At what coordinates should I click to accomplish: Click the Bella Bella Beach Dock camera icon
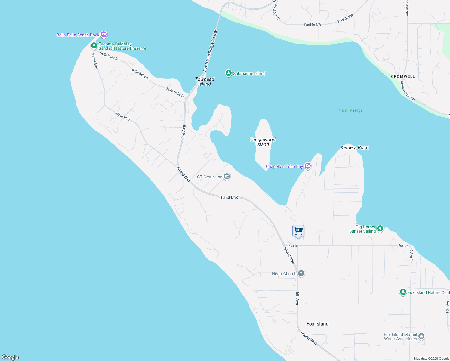pyautogui.click(x=104, y=35)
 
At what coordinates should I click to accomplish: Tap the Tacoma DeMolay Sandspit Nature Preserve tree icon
pyautogui.click(x=94, y=46)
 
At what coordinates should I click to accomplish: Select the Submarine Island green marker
pyautogui.click(x=229, y=73)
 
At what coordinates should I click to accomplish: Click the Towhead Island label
pyautogui.click(x=205, y=82)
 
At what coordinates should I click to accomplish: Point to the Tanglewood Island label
pyautogui.click(x=263, y=142)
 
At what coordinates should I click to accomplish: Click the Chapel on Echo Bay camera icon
pyautogui.click(x=307, y=166)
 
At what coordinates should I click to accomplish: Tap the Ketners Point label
pyautogui.click(x=354, y=147)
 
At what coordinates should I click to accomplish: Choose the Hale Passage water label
pyautogui.click(x=350, y=110)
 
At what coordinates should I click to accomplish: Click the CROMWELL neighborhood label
pyautogui.click(x=403, y=76)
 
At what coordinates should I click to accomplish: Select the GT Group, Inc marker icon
pyautogui.click(x=227, y=177)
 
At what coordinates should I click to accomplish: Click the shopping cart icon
pyautogui.click(x=298, y=231)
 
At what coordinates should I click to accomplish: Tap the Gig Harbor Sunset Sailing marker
pyautogui.click(x=380, y=229)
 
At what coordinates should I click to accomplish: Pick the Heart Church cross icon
pyautogui.click(x=301, y=273)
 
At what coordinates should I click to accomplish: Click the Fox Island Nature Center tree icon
pyautogui.click(x=403, y=292)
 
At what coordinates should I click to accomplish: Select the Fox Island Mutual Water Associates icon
pyautogui.click(x=421, y=336)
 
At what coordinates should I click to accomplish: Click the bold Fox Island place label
pyautogui.click(x=317, y=324)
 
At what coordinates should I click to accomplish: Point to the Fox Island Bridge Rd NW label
pyautogui.click(x=210, y=51)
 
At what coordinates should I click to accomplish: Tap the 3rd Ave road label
pyautogui.click(x=183, y=132)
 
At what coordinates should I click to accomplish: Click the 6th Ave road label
pyautogui.click(x=297, y=298)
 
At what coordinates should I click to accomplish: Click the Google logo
pyautogui.click(x=10, y=357)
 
